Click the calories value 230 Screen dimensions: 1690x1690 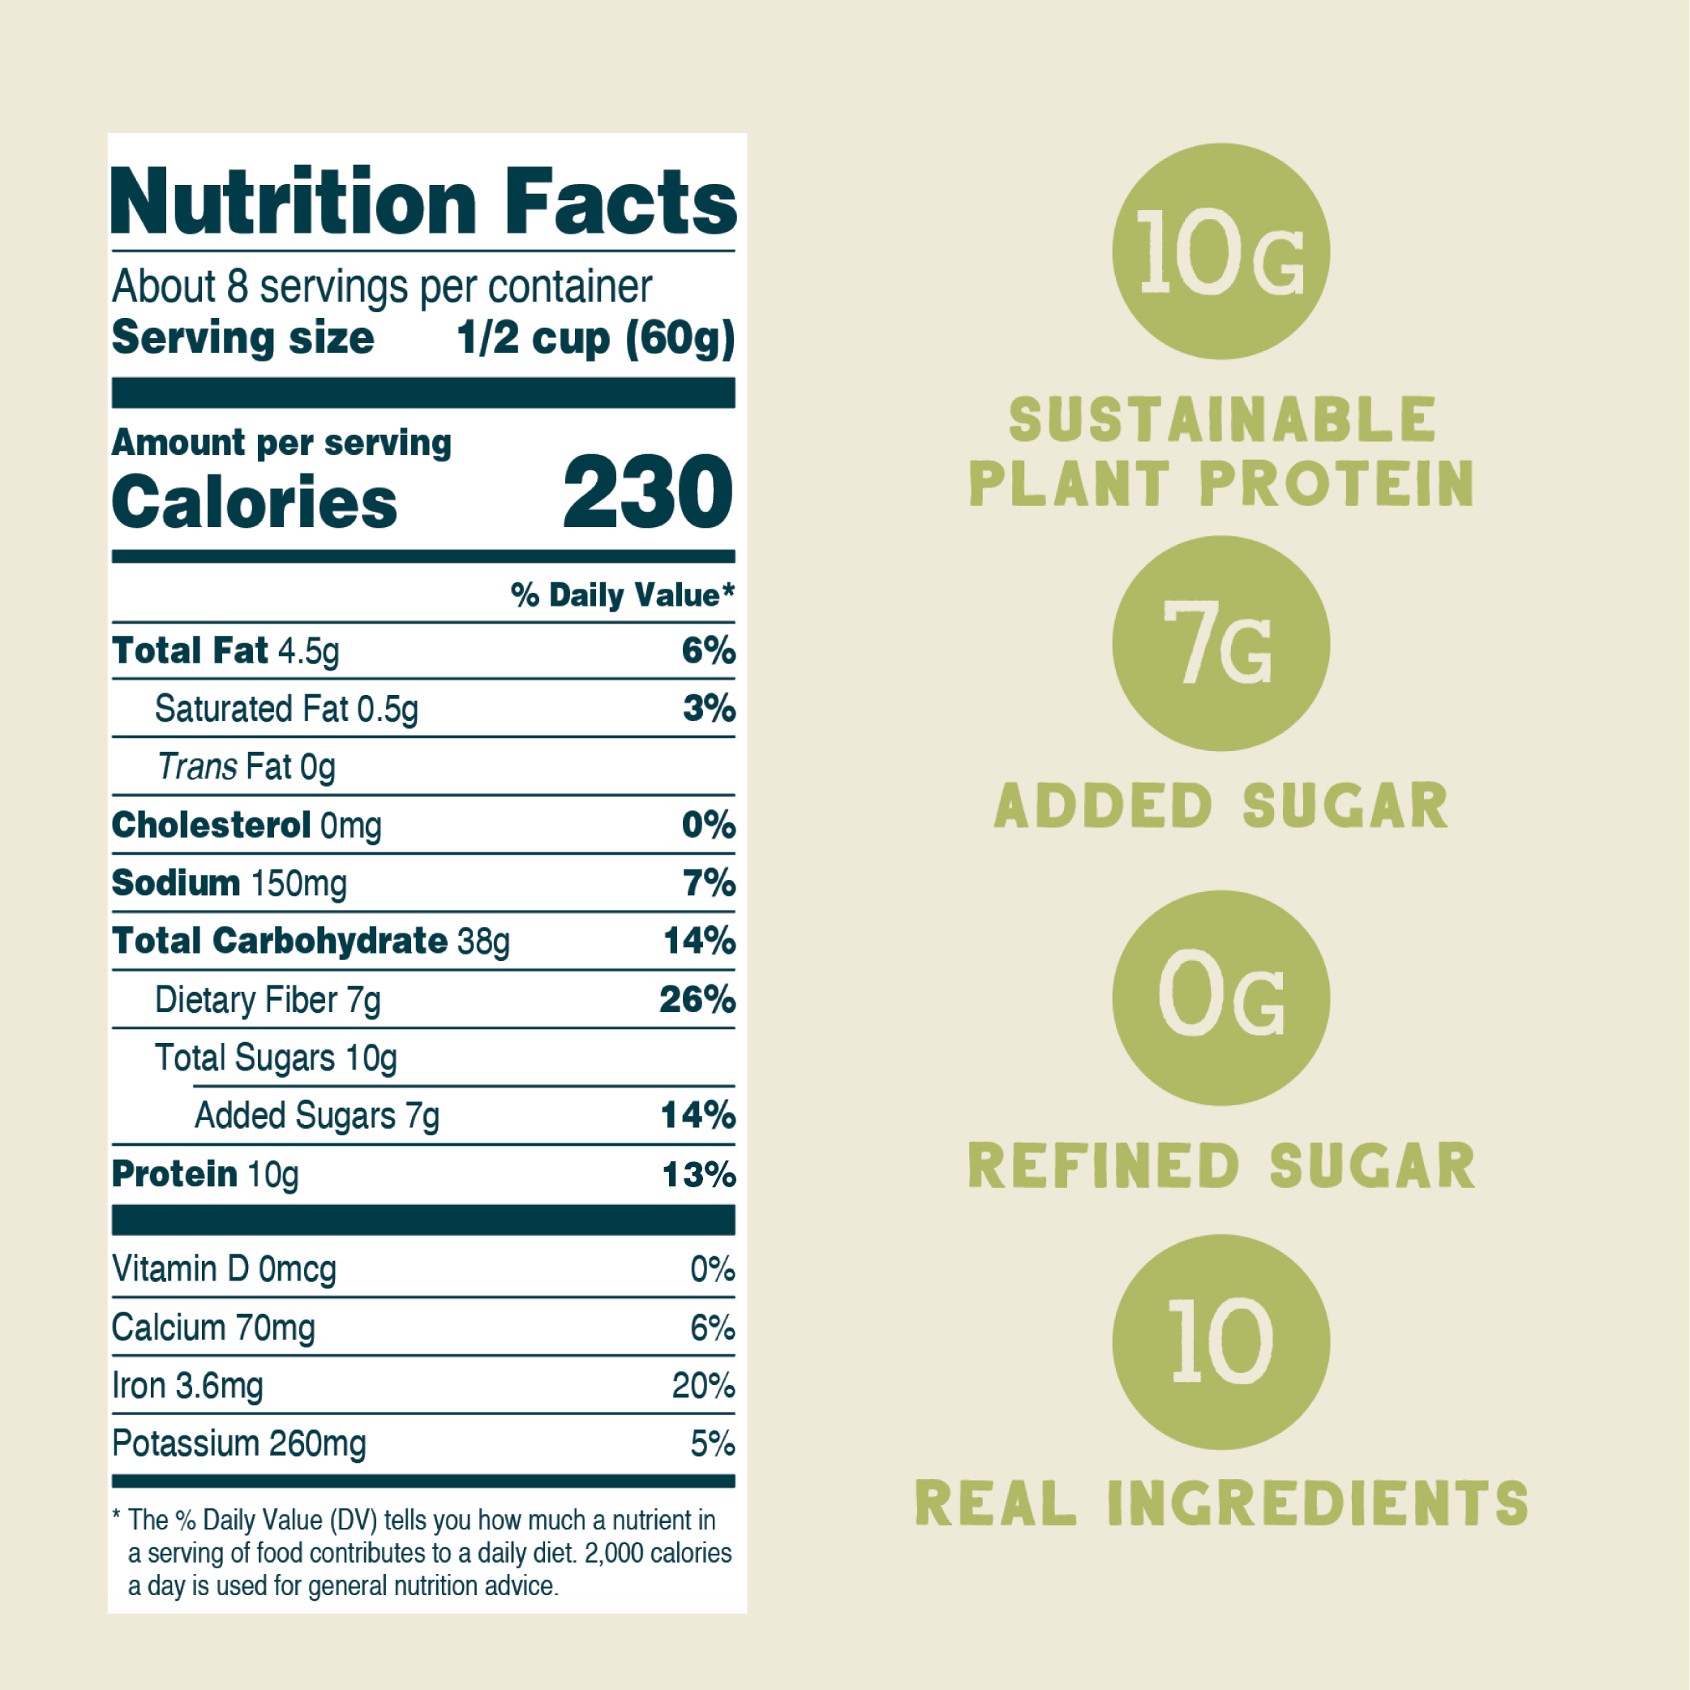(647, 492)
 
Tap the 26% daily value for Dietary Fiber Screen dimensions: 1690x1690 (697, 999)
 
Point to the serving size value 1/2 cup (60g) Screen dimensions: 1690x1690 (594, 338)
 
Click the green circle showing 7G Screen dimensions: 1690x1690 (1220, 644)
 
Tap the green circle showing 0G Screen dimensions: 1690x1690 (1220, 998)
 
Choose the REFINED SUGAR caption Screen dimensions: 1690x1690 (1221, 1166)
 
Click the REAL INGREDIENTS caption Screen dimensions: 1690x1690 (1221, 1503)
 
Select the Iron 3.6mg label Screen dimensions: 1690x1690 (187, 1387)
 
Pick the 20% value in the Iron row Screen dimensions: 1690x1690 (702, 1387)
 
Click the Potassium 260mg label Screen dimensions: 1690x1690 (238, 1444)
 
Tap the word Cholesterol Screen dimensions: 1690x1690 (211, 825)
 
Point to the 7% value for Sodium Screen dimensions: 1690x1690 (709, 882)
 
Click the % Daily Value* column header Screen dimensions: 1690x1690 (622, 594)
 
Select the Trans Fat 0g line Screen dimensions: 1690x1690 (246, 767)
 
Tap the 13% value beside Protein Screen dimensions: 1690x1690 (698, 1174)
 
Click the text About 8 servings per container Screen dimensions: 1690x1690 (381, 287)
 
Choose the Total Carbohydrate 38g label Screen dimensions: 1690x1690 (311, 942)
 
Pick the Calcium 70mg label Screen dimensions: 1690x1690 (213, 1328)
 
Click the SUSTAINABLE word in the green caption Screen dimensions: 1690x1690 (1221, 420)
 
